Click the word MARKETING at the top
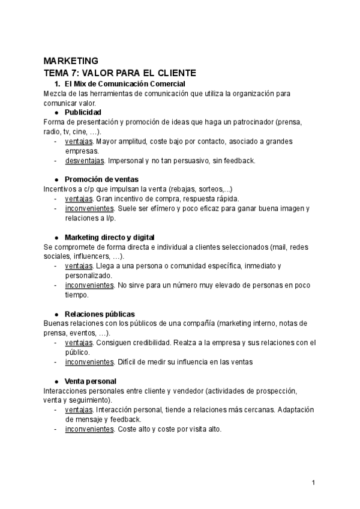coord(71,61)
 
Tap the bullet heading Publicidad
coord(83,112)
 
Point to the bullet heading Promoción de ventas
coord(101,179)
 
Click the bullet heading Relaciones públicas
coord(100,314)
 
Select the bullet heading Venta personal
coord(91,381)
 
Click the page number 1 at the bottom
coord(313,483)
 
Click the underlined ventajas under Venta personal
coord(79,410)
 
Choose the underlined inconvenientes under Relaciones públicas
coord(89,362)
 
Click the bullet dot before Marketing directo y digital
coord(56,237)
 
